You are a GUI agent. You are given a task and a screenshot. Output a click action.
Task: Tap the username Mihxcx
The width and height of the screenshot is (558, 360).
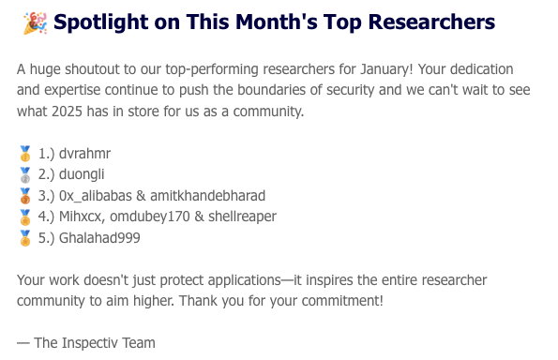83,217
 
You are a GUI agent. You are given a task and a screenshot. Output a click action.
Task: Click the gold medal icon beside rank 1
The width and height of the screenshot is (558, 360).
25,154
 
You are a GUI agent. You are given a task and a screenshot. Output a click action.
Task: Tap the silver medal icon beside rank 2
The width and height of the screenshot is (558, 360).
25,174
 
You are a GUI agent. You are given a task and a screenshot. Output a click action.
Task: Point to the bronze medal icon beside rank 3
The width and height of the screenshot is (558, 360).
25,195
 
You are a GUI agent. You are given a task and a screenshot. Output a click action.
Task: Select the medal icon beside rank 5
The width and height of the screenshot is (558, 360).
25,238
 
